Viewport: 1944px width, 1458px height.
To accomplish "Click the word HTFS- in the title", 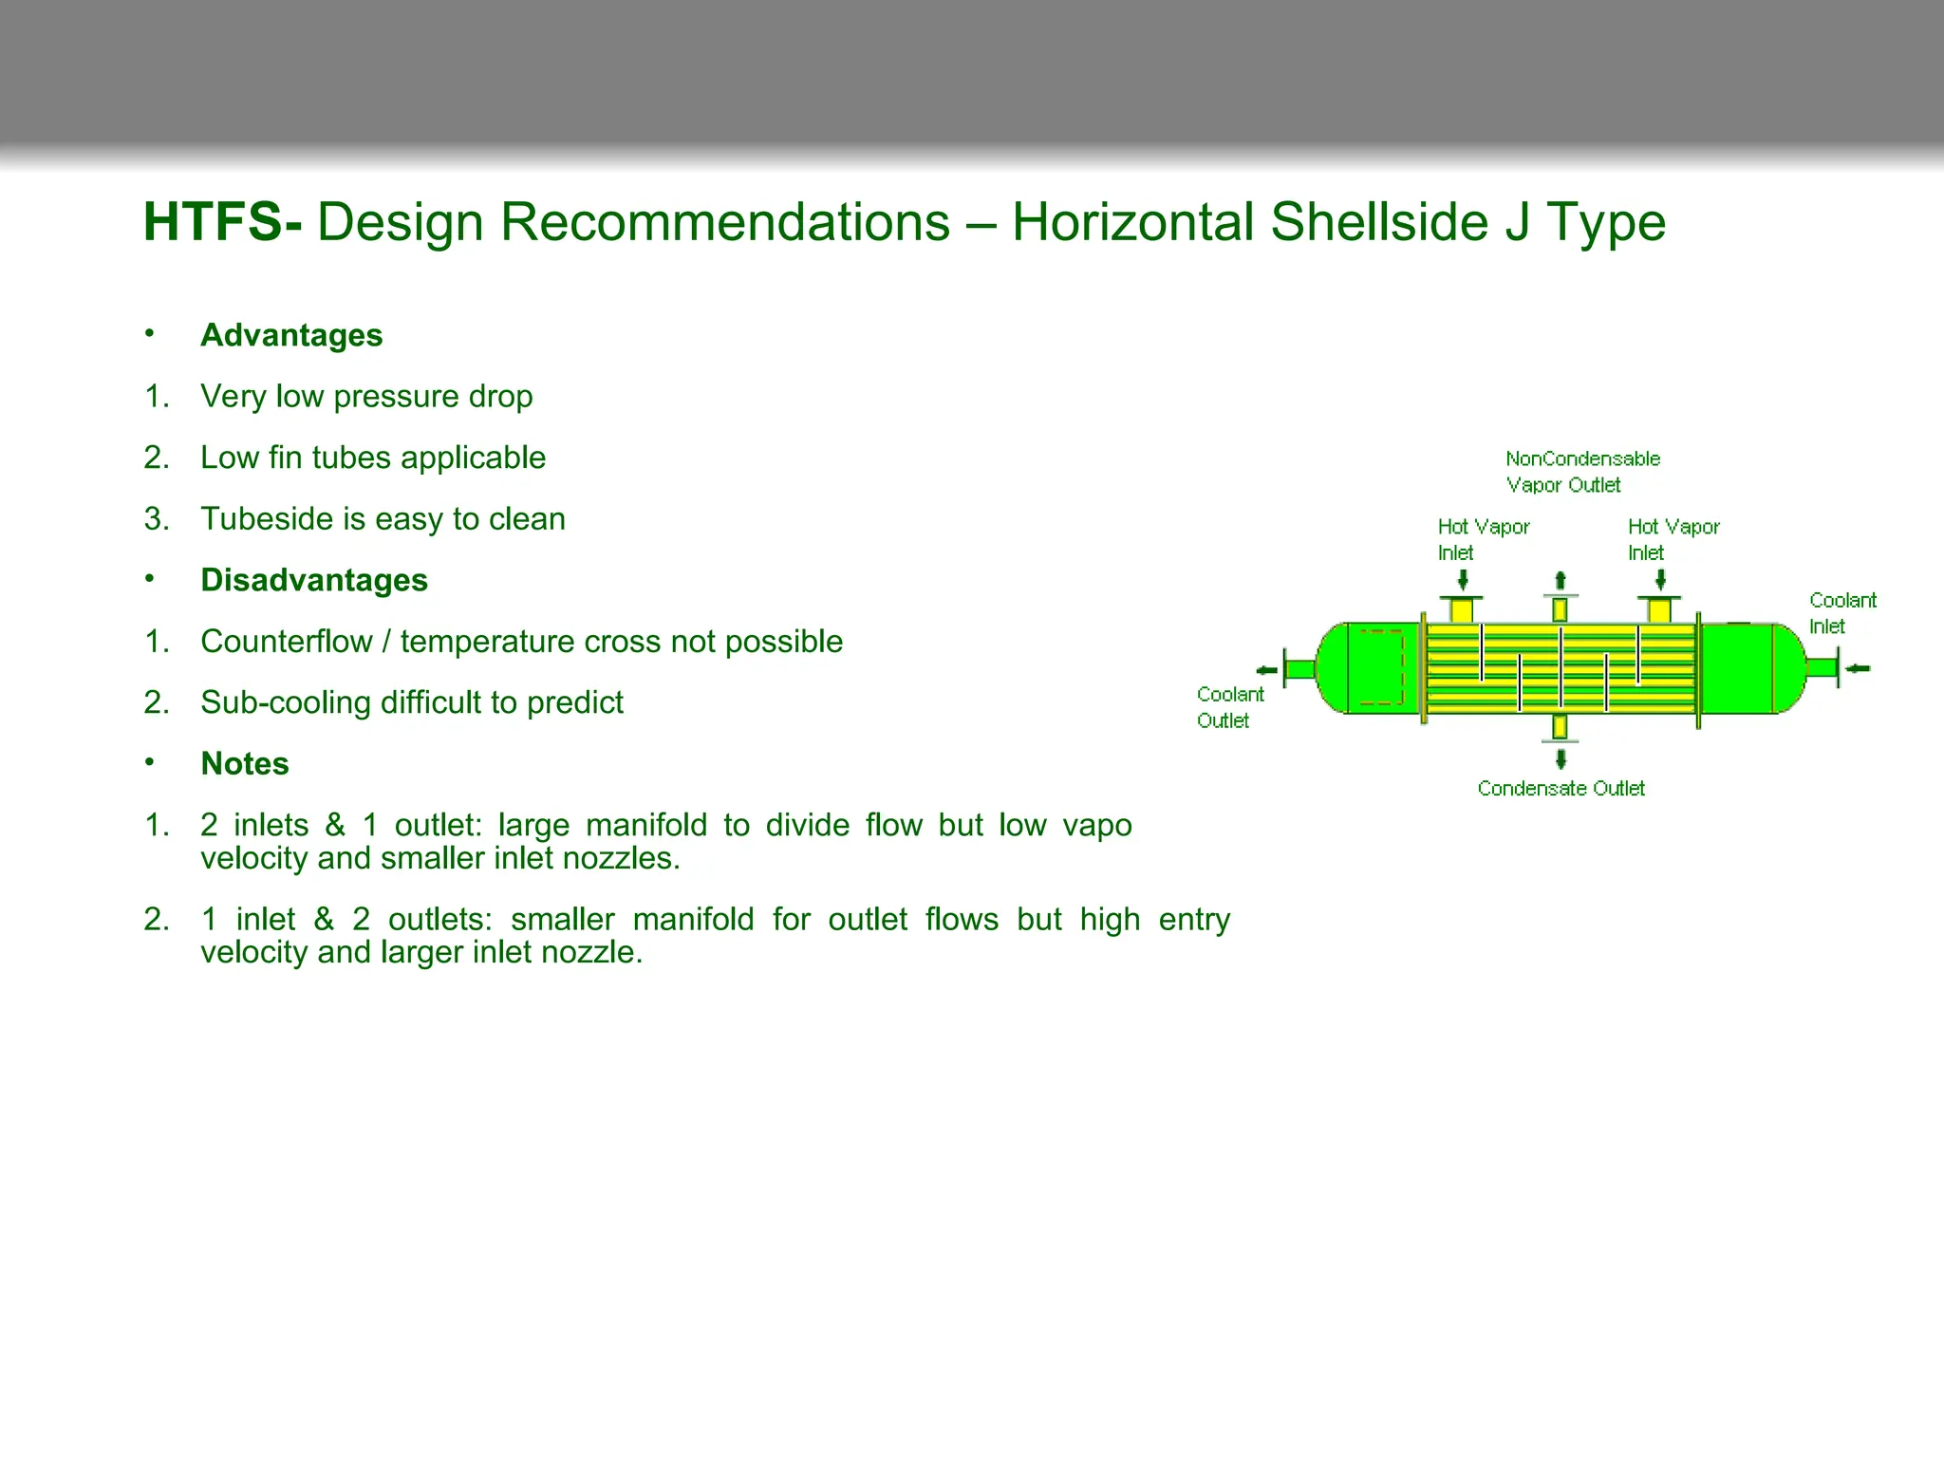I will [222, 223].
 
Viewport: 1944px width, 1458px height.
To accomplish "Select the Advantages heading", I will [291, 335].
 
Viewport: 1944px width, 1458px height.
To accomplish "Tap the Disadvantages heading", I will [314, 580].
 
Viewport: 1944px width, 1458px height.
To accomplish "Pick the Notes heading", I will [245, 763].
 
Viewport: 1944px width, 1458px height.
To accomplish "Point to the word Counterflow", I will [286, 642].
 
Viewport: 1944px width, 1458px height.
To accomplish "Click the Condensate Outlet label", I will [1561, 788].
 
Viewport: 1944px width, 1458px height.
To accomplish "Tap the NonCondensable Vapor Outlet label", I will [1581, 471].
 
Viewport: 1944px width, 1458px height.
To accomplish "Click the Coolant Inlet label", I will [1841, 612].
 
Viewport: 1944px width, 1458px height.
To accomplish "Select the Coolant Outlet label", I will [1229, 707].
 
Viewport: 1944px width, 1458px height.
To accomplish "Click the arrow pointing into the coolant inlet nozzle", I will [1858, 668].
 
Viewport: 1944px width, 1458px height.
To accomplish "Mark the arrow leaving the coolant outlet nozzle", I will [1266, 670].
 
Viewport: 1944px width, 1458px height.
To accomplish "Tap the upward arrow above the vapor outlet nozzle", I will [1560, 581].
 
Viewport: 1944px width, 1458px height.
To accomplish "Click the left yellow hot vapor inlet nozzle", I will [1462, 608].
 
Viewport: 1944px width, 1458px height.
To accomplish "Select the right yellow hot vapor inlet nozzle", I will [1659, 608].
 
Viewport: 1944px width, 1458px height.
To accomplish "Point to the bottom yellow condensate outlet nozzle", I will [1560, 727].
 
